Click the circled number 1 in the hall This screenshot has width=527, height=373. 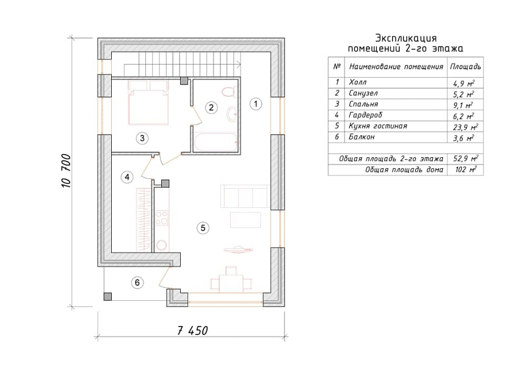pos(256,104)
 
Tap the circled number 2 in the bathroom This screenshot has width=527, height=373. pos(211,108)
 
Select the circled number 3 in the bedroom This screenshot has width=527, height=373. pos(142,138)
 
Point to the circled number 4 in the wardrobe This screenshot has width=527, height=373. pos(127,177)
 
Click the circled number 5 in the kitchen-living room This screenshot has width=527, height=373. pos(203,228)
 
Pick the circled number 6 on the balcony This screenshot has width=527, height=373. pos(137,283)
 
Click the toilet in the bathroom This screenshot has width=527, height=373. pos(230,92)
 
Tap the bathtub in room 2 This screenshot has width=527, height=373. pos(216,142)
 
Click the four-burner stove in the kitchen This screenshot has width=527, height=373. pos(162,218)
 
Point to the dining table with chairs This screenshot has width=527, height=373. pos(231,280)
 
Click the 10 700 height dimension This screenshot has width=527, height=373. pos(66,171)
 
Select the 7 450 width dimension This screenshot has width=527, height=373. pos(192,331)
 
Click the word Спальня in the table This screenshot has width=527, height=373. pos(363,104)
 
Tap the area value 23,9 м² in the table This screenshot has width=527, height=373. pos(465,127)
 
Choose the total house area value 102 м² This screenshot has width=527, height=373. pos(465,169)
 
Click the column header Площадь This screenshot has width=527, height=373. pos(465,67)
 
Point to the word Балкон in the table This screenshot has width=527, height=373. pos(362,137)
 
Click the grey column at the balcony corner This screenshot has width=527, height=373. pos(107,296)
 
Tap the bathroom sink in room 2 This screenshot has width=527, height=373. pos(232,114)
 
